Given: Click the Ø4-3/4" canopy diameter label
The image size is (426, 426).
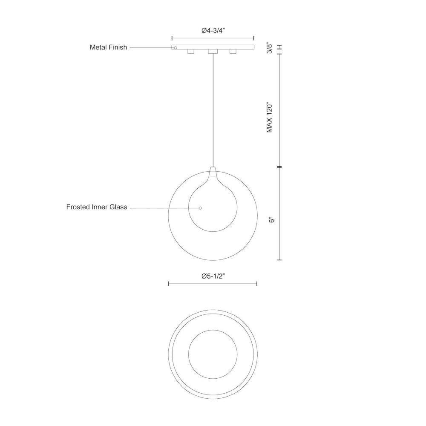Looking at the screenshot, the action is point(213,30).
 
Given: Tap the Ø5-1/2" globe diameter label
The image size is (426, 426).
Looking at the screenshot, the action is point(213,276).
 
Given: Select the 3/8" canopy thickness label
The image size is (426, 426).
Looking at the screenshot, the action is point(269,48).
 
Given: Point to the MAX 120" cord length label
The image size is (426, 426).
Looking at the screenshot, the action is point(269,118).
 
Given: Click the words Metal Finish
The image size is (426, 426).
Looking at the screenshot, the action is point(108,47).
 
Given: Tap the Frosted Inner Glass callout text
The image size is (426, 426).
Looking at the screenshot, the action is point(97,207).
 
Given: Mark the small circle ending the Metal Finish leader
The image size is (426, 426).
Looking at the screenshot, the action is point(176,48).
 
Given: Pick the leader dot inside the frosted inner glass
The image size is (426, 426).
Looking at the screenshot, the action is point(200,208).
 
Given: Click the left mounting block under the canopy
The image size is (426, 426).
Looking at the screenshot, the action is point(191,52).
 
